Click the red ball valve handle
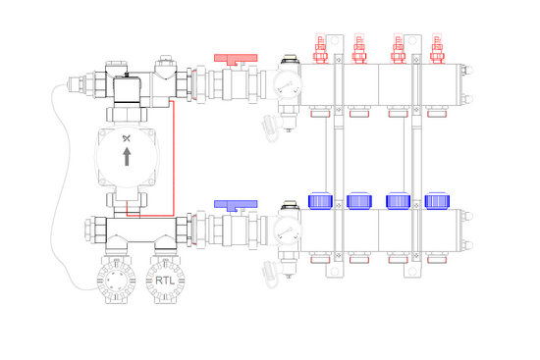(236, 59)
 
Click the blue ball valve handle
(236, 205)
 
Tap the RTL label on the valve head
(165, 281)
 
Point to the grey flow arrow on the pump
(127, 157)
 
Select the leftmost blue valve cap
(320, 201)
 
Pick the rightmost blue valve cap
(437, 201)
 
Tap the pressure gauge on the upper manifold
(288, 85)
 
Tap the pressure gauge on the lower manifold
(288, 231)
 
